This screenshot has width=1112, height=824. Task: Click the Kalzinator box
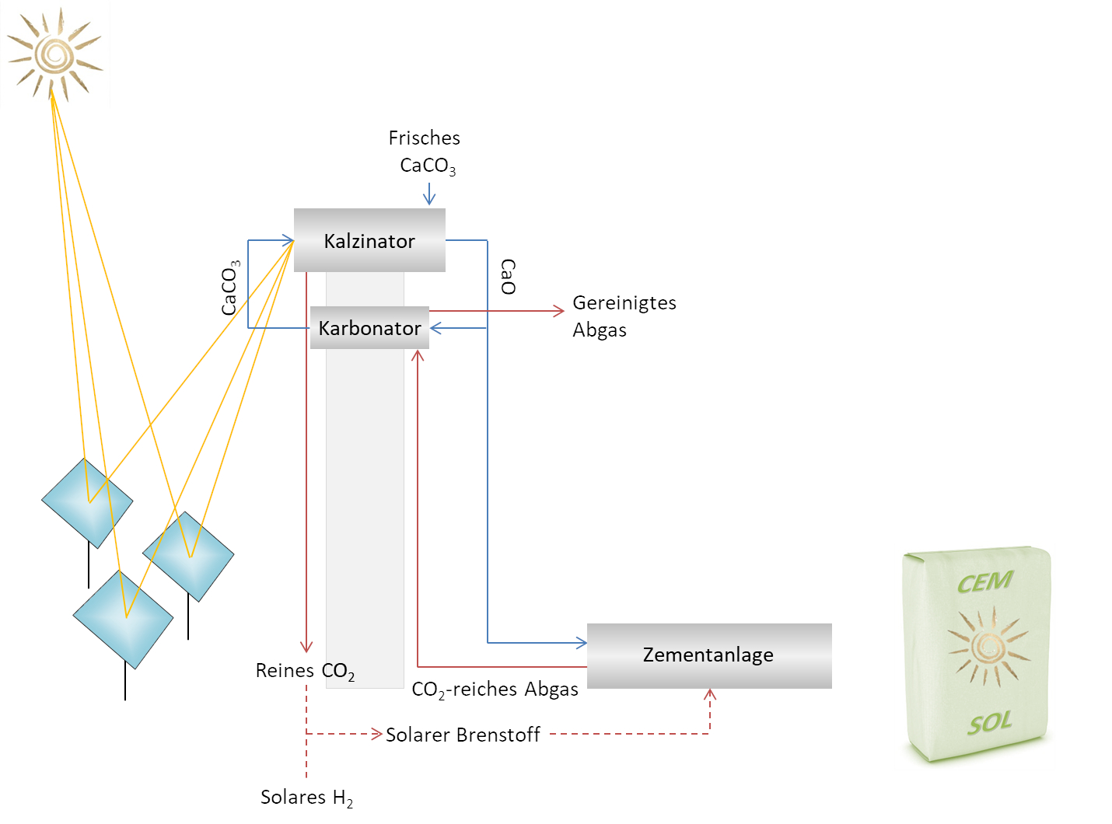(369, 240)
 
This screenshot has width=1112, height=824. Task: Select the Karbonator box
(369, 328)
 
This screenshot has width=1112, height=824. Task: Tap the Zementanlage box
(708, 655)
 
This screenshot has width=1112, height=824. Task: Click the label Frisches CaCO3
(425, 152)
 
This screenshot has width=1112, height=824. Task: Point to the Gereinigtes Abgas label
(624, 316)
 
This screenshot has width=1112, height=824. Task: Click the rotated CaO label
(508, 277)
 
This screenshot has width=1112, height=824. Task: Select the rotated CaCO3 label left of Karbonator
(230, 288)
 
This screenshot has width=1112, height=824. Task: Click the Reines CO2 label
(305, 672)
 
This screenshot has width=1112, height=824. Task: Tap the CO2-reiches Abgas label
(495, 690)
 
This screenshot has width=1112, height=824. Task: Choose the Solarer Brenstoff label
(463, 735)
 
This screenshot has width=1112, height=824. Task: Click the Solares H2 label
(306, 798)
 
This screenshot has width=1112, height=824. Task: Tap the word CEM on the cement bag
(984, 582)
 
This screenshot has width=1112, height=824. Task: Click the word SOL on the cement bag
(989, 724)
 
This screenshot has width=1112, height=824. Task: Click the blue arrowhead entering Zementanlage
(581, 643)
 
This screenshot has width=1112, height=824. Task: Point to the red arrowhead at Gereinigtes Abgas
(558, 311)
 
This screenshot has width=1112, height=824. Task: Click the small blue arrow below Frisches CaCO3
(428, 194)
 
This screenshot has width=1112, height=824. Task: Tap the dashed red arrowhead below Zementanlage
(709, 694)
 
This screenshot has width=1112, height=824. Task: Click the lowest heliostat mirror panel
(123, 620)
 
